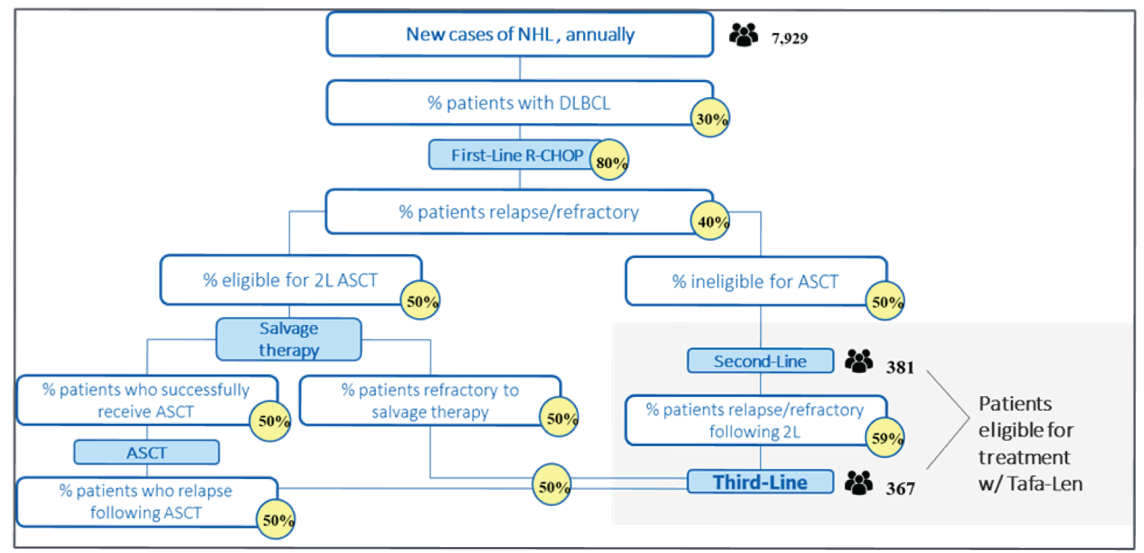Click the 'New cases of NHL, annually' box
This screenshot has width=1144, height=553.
tap(520, 34)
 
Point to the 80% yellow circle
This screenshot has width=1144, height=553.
tap(610, 163)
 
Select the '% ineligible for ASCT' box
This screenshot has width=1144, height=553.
tap(755, 282)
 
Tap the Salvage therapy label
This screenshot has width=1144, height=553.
tap(289, 339)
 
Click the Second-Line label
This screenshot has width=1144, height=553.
tap(760, 362)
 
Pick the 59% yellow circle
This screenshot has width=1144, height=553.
tap(886, 437)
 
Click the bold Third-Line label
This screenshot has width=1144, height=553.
tap(760, 482)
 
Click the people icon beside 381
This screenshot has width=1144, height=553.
tap(859, 362)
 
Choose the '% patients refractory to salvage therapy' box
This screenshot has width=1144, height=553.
tap(430, 401)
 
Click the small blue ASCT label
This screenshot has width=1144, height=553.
tap(146, 452)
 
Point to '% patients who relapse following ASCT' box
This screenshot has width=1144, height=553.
tap(147, 502)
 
